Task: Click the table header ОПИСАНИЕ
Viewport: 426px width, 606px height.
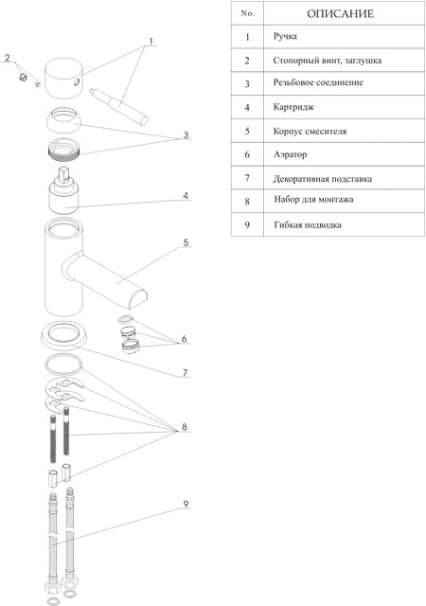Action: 340,14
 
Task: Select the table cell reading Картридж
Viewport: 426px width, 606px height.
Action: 293,107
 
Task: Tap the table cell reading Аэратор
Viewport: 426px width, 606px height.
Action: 290,154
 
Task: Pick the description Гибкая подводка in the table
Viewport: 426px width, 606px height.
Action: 308,225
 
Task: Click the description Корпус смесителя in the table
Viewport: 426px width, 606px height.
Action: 310,131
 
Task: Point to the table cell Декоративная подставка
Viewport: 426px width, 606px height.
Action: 323,179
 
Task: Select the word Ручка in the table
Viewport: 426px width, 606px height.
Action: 285,36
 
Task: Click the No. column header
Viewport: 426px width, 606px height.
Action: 247,13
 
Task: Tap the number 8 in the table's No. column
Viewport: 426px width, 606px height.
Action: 247,202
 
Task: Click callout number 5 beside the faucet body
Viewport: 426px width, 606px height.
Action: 186,242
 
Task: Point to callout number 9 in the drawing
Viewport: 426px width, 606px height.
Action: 186,504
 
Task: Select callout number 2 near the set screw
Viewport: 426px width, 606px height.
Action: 7,58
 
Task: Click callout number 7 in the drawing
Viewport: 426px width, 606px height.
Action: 186,372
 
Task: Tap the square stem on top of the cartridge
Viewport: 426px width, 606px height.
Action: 63,173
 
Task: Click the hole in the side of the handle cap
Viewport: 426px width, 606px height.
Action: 77,81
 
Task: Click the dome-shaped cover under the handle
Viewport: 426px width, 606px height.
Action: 64,119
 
